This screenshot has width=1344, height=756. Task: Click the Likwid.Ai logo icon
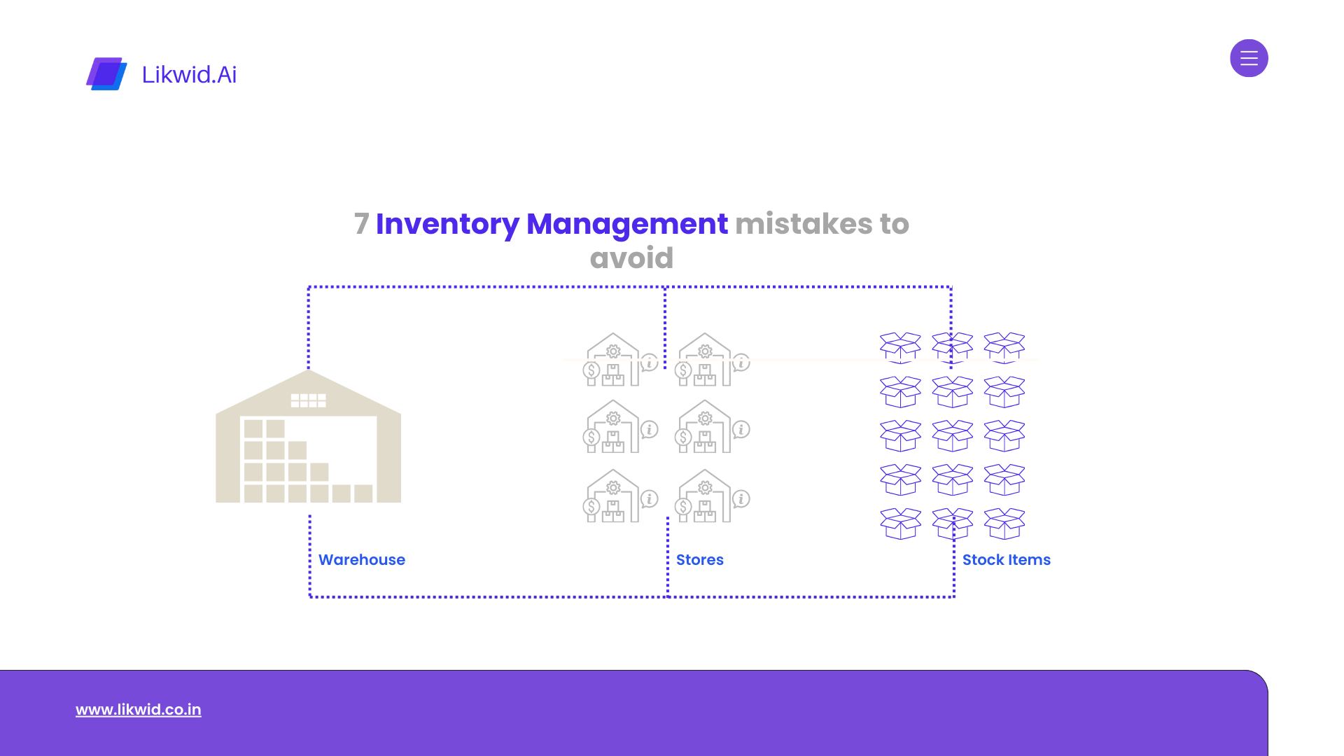pyautogui.click(x=106, y=73)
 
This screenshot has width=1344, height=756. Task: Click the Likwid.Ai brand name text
pyautogui.click(x=189, y=74)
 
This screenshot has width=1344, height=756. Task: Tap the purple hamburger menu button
pyautogui.click(x=1249, y=58)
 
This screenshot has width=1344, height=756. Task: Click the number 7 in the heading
pyautogui.click(x=361, y=224)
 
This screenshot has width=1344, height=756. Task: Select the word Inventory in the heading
pyautogui.click(x=447, y=224)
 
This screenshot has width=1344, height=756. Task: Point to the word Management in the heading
pyautogui.click(x=627, y=224)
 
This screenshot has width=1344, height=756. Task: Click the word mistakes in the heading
pyautogui.click(x=804, y=224)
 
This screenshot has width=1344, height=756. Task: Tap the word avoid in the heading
pyautogui.click(x=631, y=258)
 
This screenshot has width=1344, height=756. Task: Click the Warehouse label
pyautogui.click(x=362, y=560)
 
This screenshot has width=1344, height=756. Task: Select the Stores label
pyautogui.click(x=700, y=560)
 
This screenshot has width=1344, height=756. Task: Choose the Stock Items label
pyautogui.click(x=1007, y=560)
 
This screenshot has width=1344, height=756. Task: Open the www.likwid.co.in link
pyautogui.click(x=139, y=710)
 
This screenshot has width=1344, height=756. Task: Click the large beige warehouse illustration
pyautogui.click(x=308, y=436)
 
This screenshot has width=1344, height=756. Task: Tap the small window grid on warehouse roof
pyautogui.click(x=308, y=400)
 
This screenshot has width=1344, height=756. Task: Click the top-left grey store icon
pyautogui.click(x=620, y=359)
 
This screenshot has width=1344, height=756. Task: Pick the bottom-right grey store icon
pyautogui.click(x=712, y=496)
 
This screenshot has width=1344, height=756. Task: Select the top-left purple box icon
pyautogui.click(x=900, y=348)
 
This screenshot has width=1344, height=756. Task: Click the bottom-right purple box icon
pyautogui.click(x=1004, y=524)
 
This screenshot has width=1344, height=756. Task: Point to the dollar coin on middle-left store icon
pyautogui.click(x=591, y=437)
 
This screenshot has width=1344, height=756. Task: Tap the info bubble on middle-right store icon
pyautogui.click(x=741, y=430)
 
